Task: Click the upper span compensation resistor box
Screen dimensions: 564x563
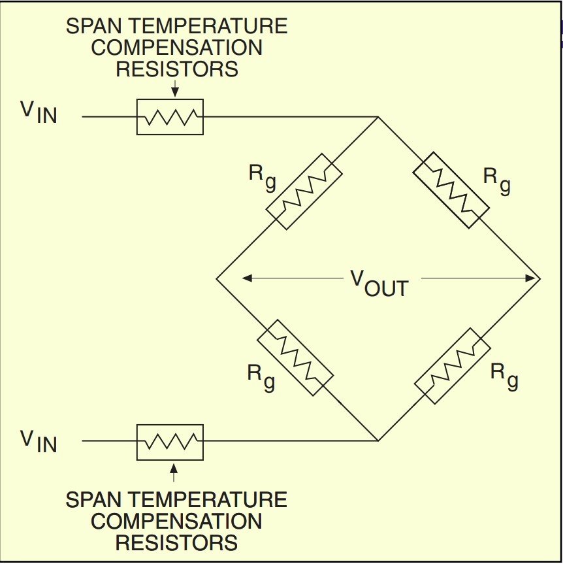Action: coord(170,117)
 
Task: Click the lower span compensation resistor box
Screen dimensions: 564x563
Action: coord(170,442)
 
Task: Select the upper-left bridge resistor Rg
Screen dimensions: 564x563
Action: coord(304,191)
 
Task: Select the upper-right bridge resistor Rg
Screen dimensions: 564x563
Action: coord(451,190)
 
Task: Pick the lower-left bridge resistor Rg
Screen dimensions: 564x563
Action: coord(295,357)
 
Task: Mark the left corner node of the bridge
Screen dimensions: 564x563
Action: coord(217,279)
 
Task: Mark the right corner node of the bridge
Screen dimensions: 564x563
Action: coord(540,279)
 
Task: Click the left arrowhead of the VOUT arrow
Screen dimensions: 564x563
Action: coord(247,278)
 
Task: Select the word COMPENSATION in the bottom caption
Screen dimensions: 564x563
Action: coord(176,521)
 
